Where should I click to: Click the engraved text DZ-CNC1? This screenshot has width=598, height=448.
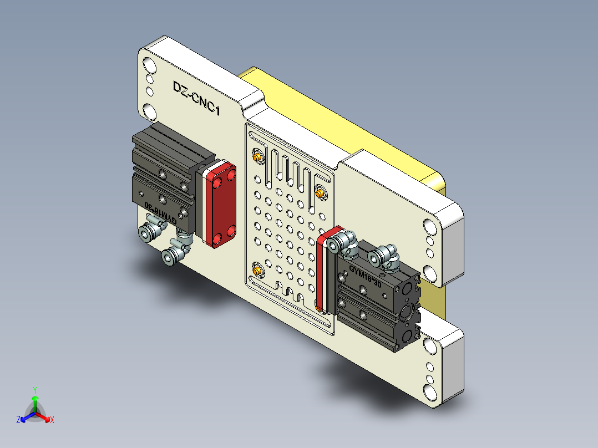pyautogui.click(x=196, y=98)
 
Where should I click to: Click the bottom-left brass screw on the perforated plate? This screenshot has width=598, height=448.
pyautogui.click(x=258, y=271)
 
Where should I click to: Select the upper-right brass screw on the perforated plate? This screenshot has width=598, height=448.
pyautogui.click(x=320, y=192)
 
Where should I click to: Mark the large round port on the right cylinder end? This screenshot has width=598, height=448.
pyautogui.click(x=410, y=312)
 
